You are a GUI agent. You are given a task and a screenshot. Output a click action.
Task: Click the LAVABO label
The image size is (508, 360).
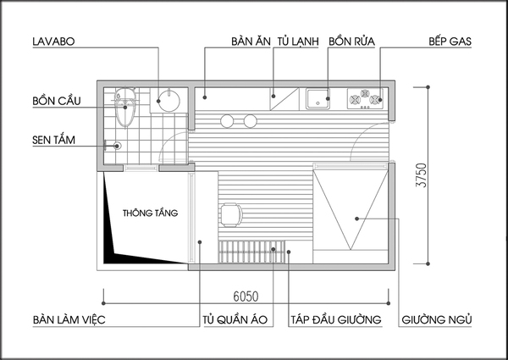[56, 41]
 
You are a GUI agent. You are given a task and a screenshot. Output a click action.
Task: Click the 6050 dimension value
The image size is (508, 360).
[247, 298]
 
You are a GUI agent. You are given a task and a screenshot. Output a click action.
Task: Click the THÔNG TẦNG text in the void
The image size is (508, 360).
[150, 213]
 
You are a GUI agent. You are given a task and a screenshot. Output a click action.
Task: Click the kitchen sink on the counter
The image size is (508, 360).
[320, 96]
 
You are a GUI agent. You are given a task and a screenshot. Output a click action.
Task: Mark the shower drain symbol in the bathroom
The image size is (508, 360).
[117, 146]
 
